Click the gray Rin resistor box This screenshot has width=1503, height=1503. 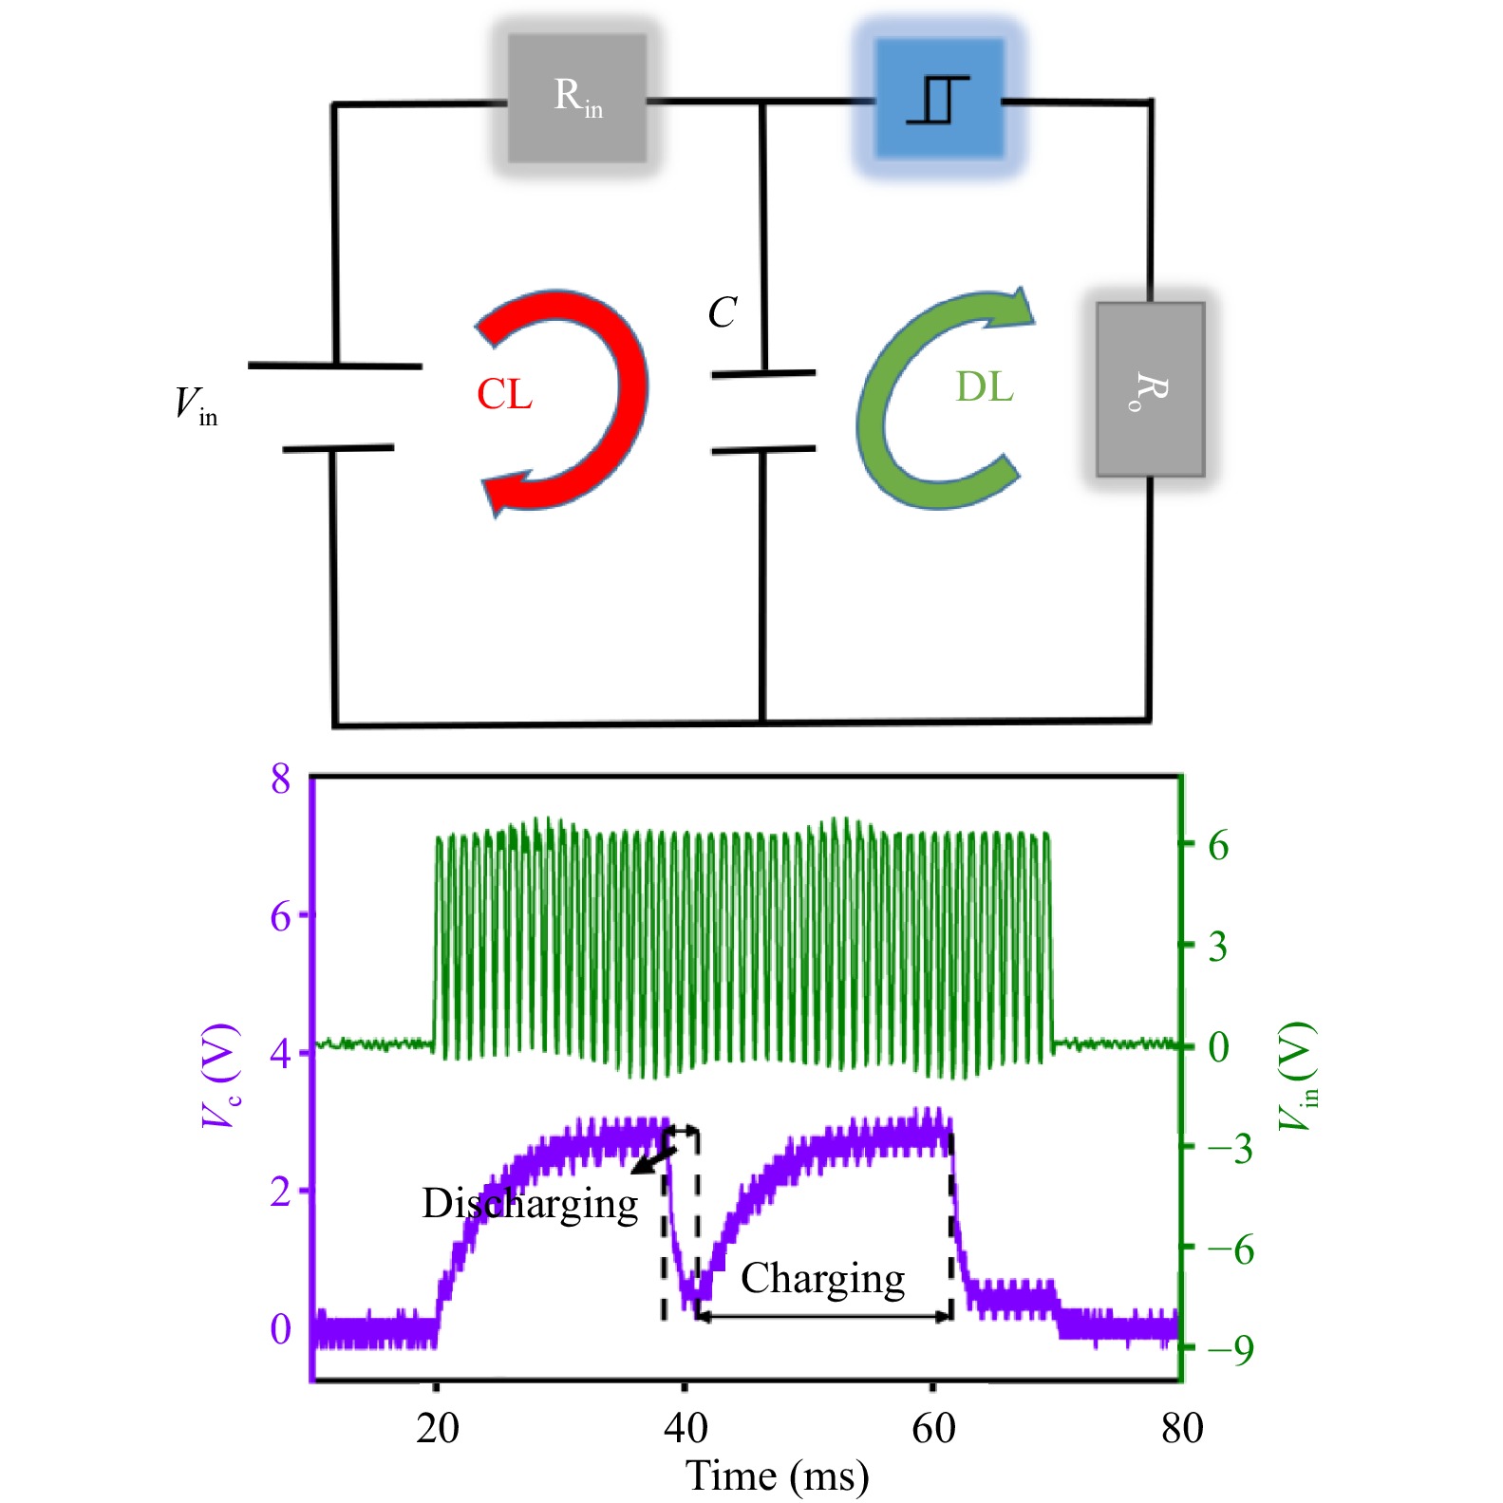[577, 98]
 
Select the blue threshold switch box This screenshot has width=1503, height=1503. [938, 98]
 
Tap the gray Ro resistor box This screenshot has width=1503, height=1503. [1150, 389]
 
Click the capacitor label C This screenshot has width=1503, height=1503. [723, 312]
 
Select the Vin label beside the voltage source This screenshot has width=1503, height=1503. [196, 405]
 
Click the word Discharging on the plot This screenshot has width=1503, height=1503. [530, 1204]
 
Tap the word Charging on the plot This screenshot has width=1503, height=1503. [822, 1279]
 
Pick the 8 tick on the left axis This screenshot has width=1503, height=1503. [280, 779]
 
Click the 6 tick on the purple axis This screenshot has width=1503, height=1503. [280, 916]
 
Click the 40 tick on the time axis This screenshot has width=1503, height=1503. [686, 1428]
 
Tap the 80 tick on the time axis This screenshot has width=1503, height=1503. [1182, 1428]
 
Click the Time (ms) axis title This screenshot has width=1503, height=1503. [777, 1476]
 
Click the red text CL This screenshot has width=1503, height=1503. [504, 394]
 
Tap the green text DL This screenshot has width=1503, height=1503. [985, 386]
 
